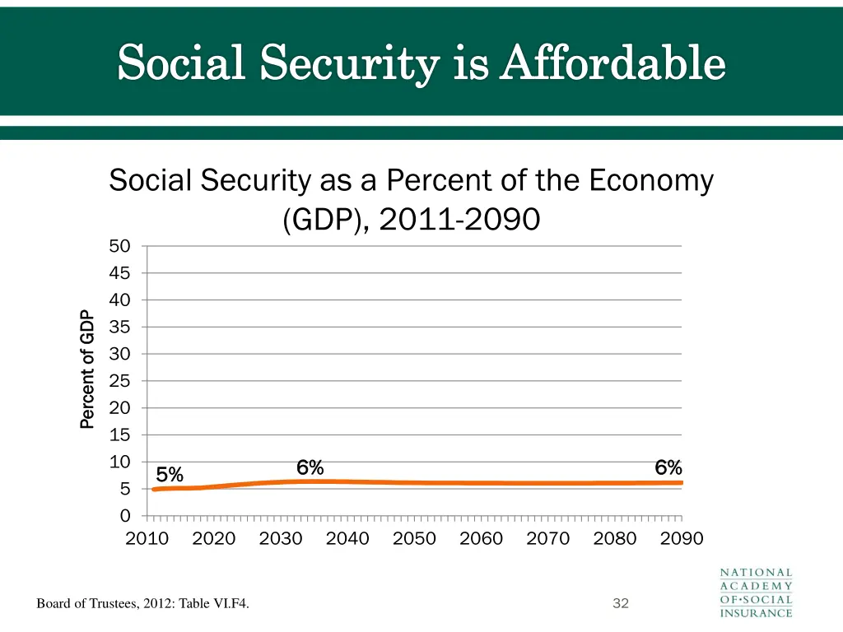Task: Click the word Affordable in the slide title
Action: [x=613, y=64]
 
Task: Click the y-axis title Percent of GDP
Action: [x=87, y=369]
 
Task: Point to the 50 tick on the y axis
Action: [x=119, y=246]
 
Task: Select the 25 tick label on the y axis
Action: [x=119, y=381]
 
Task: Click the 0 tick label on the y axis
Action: [x=125, y=516]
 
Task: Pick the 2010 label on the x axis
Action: [x=147, y=539]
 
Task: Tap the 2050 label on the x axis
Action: [x=414, y=539]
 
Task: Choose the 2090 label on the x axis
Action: [x=682, y=539]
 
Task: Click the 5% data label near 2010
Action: [x=170, y=475]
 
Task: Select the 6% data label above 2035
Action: [x=310, y=467]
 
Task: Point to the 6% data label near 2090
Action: [x=668, y=467]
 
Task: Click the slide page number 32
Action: [x=621, y=604]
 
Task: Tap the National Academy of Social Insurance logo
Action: [x=756, y=592]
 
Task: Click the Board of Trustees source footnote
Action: [x=143, y=605]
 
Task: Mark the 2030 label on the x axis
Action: [x=281, y=539]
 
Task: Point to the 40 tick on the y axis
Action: [x=119, y=300]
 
